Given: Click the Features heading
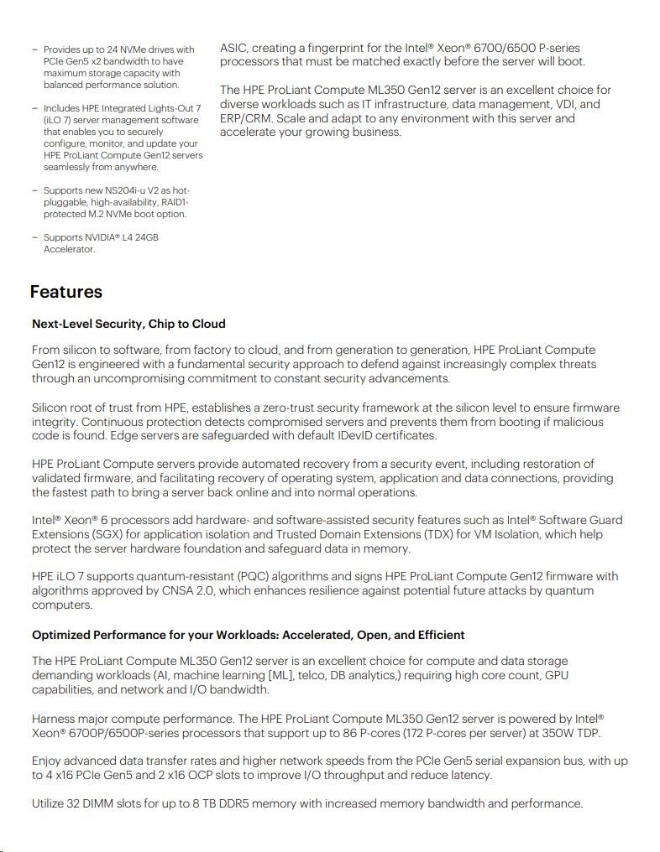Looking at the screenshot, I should (x=65, y=292).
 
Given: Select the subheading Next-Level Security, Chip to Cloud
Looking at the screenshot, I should (x=128, y=324).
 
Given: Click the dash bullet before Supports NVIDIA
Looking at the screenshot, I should (x=34, y=237).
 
